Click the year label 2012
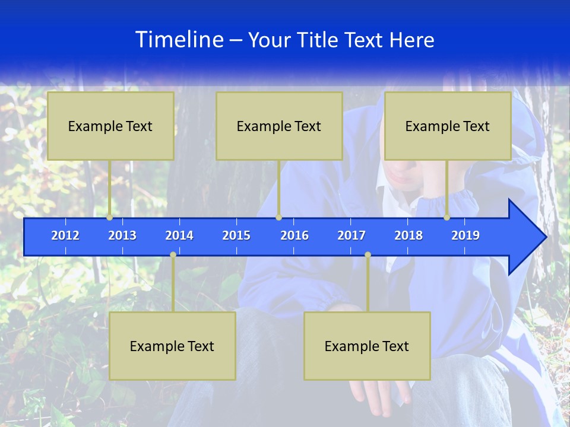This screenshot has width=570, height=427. point(65,235)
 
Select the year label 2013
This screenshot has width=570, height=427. point(122,235)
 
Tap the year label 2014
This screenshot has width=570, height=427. point(179,235)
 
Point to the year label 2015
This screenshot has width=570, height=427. point(236,235)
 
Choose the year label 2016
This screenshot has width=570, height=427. point(294,235)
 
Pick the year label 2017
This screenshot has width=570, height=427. point(351,235)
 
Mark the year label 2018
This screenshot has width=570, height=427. point(408,235)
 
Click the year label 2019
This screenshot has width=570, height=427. point(465,235)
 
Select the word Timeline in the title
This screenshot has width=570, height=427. point(179,40)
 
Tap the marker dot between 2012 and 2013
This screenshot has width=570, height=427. point(110,218)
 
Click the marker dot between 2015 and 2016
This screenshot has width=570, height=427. point(278,218)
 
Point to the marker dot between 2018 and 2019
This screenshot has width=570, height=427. point(447,218)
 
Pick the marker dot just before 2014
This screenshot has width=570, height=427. point(173,254)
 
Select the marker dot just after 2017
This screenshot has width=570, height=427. point(368,254)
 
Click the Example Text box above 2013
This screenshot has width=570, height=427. point(110,126)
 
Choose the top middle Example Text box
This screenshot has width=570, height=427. point(279,126)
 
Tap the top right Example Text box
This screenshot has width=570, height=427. point(448,126)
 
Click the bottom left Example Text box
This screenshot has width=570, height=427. point(172,346)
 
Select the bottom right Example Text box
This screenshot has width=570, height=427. point(367,346)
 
